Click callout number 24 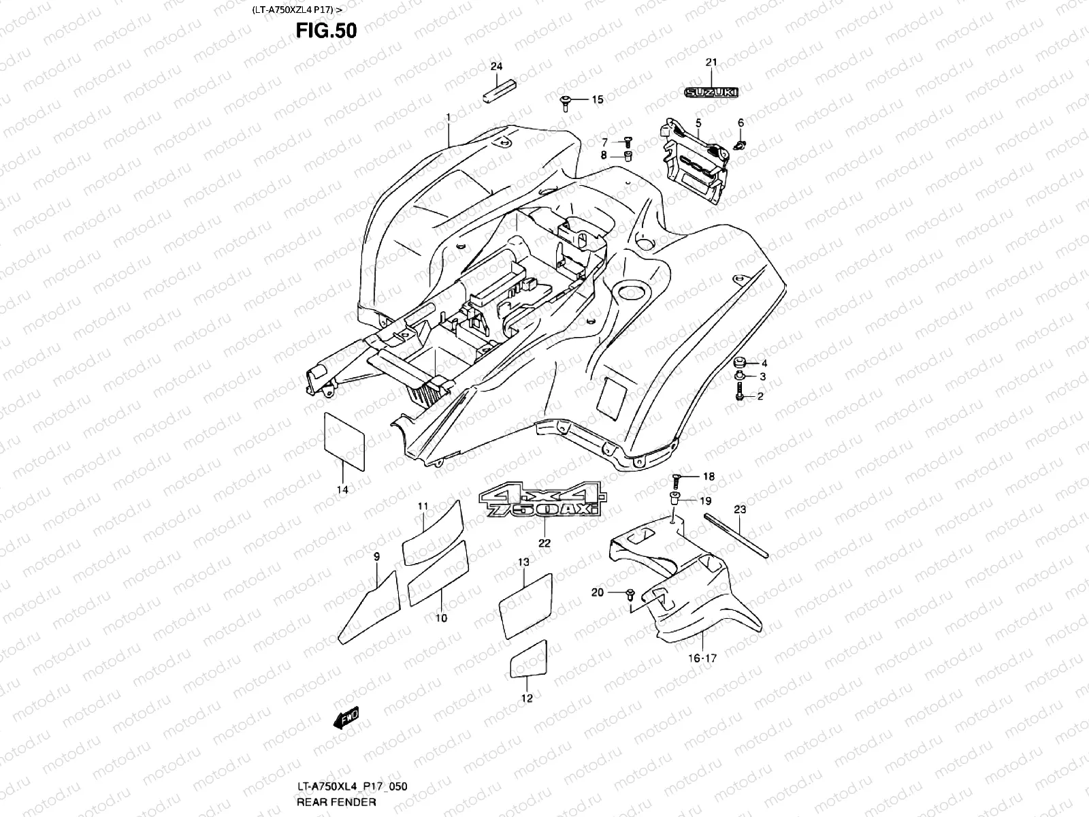click(496, 66)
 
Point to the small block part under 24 click(499, 91)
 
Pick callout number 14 click(342, 490)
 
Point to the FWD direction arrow click(346, 718)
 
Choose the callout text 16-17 click(702, 658)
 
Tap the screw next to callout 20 click(630, 594)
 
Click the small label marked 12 click(529, 656)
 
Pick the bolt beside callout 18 click(677, 478)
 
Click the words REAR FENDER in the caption click(336, 802)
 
